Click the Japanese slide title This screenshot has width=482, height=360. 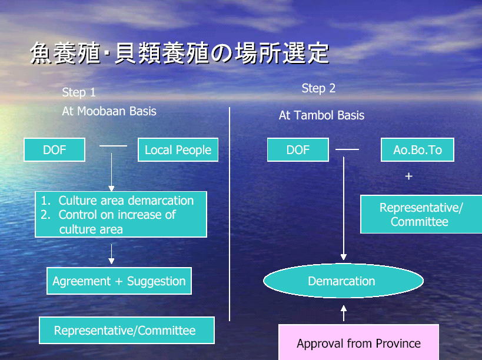[179, 53]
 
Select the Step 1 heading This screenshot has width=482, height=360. [79, 92]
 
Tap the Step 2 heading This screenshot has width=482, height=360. [318, 88]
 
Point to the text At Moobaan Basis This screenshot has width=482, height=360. [109, 111]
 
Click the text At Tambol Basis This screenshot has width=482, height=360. [321, 115]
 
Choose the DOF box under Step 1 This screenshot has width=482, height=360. [54, 149]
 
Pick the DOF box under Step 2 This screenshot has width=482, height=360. [298, 149]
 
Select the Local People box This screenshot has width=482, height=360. [178, 149]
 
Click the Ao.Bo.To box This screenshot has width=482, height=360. [417, 149]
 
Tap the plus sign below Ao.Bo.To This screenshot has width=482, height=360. [408, 176]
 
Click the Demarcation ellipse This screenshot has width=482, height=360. [343, 281]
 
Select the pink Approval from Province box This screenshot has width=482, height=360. [358, 342]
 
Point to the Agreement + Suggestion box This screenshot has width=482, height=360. [119, 281]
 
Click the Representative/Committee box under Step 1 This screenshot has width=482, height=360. [127, 331]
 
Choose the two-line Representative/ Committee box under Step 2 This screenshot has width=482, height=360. [421, 214]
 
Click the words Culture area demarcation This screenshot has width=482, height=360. [126, 201]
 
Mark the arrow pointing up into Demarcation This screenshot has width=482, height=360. [344, 314]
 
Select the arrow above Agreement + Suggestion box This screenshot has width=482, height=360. [111, 254]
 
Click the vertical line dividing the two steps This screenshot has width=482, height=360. [230, 214]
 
